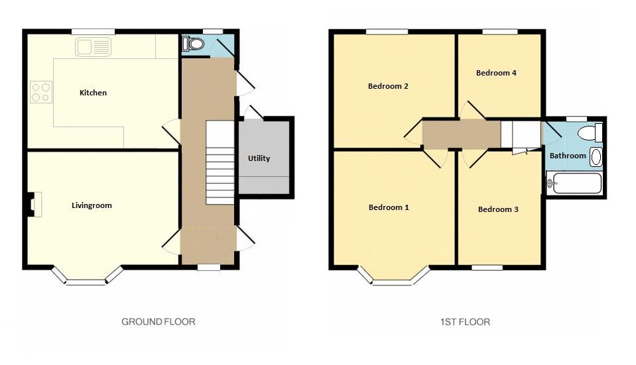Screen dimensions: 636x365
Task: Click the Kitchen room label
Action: coord(93,93)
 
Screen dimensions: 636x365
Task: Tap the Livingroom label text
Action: coord(92,205)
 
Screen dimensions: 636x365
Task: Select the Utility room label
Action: coord(259,158)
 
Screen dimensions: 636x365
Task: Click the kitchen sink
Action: coord(93,46)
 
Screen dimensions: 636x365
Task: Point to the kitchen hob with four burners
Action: coord(41,92)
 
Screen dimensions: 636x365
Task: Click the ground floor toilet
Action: coord(192,43)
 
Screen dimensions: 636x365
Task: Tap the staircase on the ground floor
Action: coord(220,162)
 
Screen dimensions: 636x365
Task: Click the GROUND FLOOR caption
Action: coord(159,322)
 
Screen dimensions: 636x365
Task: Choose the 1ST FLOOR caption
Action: coord(466,322)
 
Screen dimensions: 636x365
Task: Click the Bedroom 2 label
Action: coord(388,86)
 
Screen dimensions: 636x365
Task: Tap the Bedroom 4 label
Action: coord(496,73)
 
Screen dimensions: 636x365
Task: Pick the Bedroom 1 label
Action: coord(389,207)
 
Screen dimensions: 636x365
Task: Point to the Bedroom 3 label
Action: coord(498,209)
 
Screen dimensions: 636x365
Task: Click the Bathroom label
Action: coord(568,156)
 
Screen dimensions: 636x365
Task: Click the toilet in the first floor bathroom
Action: coord(590,132)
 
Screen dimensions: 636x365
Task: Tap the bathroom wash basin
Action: coord(596,157)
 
